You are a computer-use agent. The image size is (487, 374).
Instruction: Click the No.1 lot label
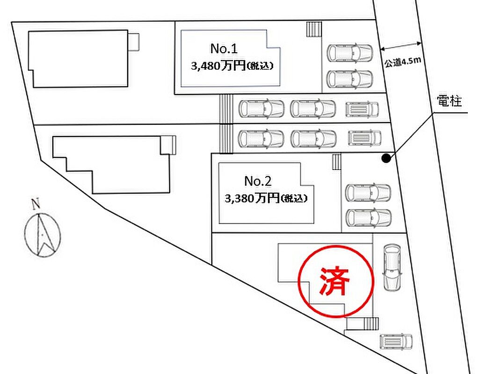tap(224, 48)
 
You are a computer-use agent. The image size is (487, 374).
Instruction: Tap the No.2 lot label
tap(258, 180)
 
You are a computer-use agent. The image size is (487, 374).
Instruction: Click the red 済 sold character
tap(335, 281)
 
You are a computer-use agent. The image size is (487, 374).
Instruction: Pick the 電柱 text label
tap(449, 101)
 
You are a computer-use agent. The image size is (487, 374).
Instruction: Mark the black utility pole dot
tap(386, 158)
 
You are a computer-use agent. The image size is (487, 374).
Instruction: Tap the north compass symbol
tap(42, 234)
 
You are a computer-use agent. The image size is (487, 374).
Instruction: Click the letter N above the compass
tap(35, 204)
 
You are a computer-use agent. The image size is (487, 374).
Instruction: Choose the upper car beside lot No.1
tap(350, 52)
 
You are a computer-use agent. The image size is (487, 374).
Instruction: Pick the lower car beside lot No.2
tap(368, 217)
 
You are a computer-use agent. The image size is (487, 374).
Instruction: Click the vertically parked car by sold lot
tap(392, 267)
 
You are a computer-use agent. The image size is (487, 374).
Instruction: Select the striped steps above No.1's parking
tap(314, 29)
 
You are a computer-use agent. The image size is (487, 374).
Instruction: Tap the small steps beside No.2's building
tap(336, 162)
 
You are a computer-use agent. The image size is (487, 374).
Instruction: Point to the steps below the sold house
tap(363, 324)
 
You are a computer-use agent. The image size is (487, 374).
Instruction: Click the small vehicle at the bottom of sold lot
tap(396, 341)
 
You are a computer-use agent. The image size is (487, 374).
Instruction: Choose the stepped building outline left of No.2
tap(112, 164)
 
